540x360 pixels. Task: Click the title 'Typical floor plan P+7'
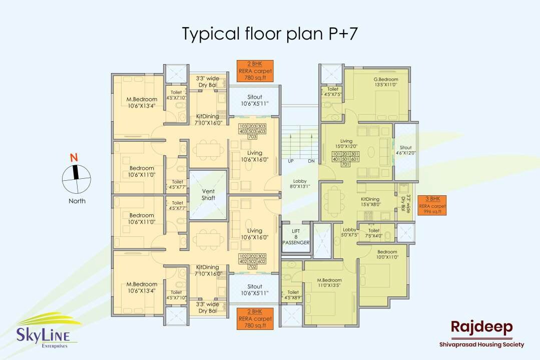270,34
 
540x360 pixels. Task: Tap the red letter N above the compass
74,157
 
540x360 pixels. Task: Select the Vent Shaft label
208,194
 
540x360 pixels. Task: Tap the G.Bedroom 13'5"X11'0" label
385,83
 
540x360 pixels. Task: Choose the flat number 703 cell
252,137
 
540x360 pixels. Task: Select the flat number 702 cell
252,266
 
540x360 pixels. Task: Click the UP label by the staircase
291,161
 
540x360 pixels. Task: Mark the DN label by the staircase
311,161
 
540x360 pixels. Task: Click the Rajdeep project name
481,327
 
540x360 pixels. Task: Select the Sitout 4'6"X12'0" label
406,150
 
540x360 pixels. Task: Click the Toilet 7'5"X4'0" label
374,233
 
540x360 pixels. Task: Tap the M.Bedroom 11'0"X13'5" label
329,283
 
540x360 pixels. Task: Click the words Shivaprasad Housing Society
481,344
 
